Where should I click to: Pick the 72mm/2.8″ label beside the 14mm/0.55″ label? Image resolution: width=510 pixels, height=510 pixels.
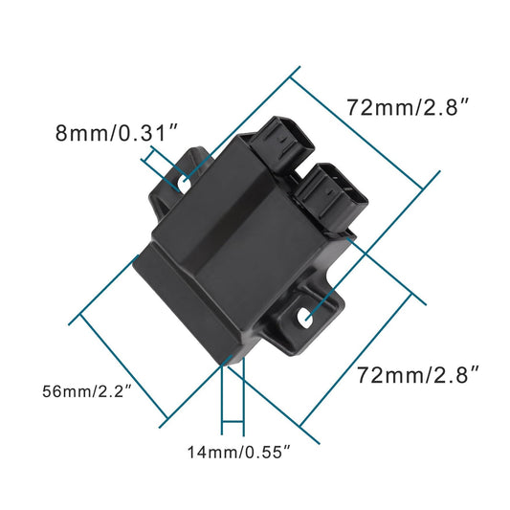(x=417, y=375)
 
